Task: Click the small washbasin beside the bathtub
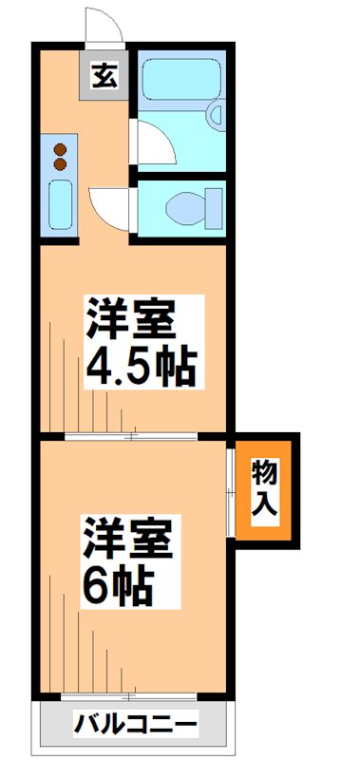[x=216, y=119]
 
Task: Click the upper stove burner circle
[x=60, y=148]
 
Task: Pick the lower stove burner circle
[x=60, y=164]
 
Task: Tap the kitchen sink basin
[x=59, y=205]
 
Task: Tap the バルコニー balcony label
[x=137, y=726]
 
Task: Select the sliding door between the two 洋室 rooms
[x=133, y=436]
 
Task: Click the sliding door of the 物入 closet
[x=230, y=488]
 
